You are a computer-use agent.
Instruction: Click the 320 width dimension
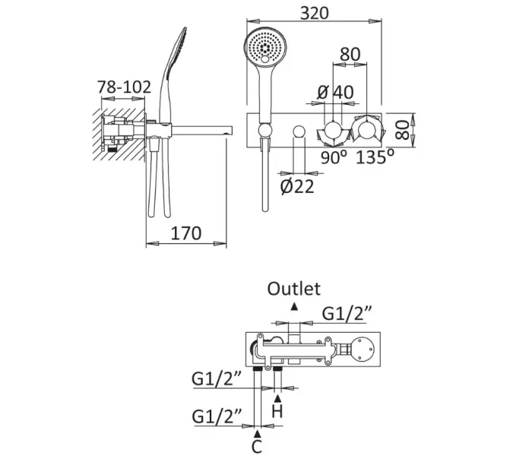(x=314, y=13)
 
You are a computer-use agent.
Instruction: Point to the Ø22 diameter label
(x=296, y=186)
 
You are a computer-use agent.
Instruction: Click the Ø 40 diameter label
(x=335, y=91)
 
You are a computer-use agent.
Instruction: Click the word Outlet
(x=294, y=289)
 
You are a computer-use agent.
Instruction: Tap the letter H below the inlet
(x=278, y=412)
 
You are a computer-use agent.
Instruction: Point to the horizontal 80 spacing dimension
(x=350, y=55)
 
